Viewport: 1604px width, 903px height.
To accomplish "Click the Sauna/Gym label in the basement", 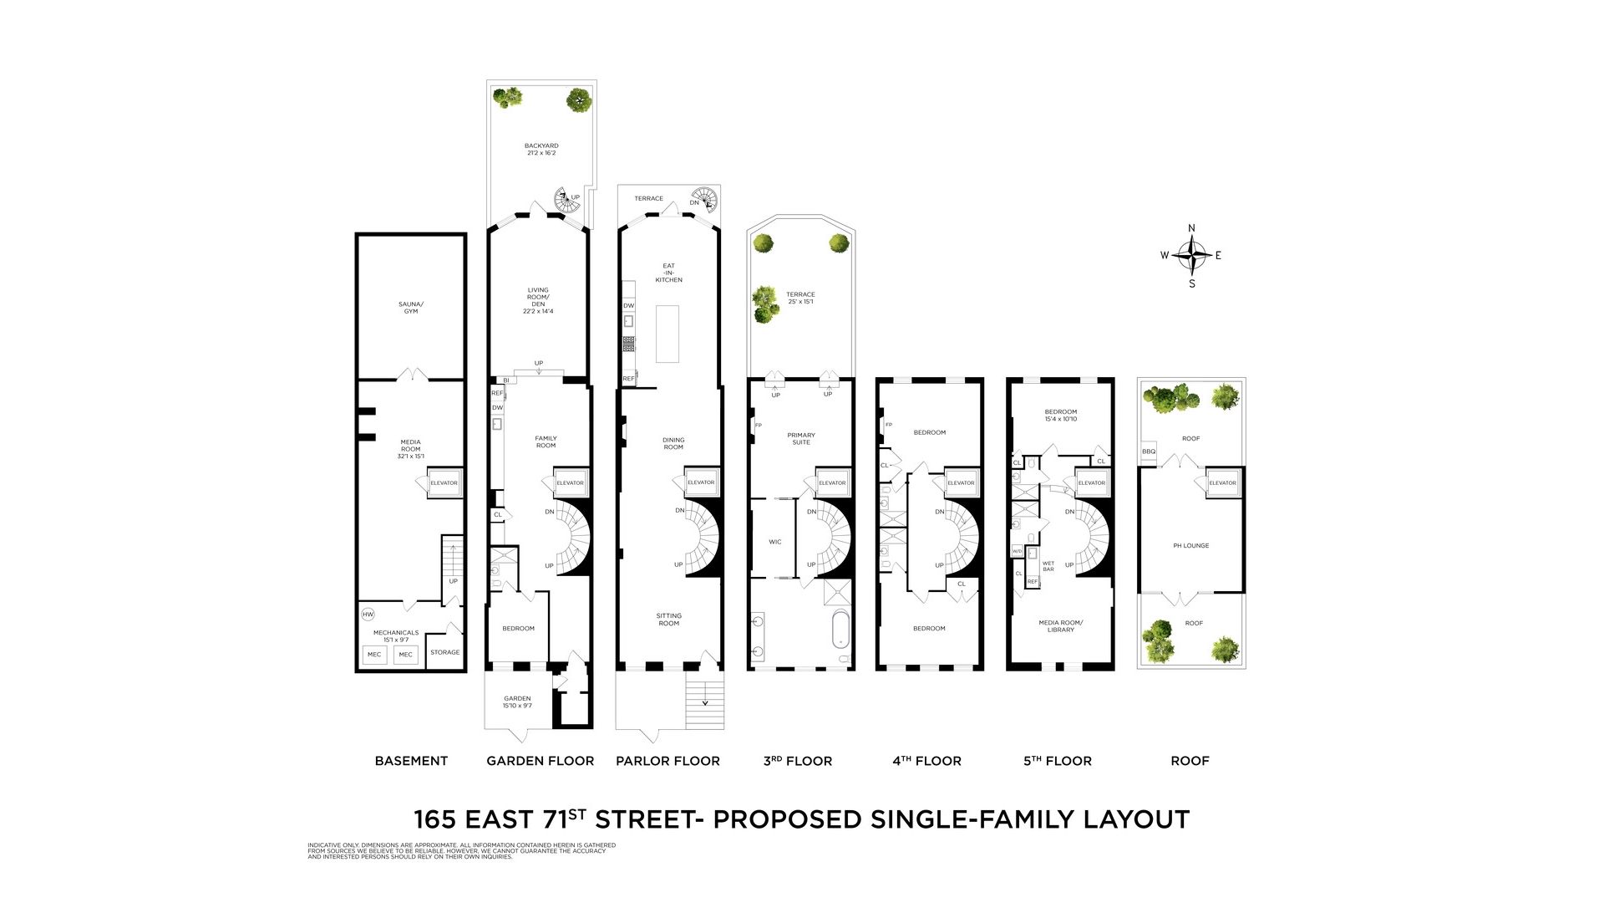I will click(410, 308).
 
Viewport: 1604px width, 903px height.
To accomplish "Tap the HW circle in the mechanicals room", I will click(368, 615).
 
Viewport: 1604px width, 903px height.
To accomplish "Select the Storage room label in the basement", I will click(444, 652).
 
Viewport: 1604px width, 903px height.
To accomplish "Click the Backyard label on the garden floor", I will click(541, 149).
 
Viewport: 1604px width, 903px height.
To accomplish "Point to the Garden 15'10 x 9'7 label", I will click(517, 701).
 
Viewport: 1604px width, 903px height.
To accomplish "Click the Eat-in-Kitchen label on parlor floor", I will click(668, 273).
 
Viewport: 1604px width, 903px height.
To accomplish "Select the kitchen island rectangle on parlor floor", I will click(667, 334).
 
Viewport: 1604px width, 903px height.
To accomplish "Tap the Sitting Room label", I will click(668, 620).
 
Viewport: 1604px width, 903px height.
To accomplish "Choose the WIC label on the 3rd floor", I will click(774, 542).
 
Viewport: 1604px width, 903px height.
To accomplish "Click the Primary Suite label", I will click(800, 438).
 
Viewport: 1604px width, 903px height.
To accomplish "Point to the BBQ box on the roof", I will click(1149, 451).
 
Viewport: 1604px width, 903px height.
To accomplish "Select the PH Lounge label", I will click(1190, 545).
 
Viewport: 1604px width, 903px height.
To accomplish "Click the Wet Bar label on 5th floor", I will click(1048, 566).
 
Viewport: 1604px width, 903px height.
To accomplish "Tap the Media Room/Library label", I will click(1060, 625).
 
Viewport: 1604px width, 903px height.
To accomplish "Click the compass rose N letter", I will click(1191, 228).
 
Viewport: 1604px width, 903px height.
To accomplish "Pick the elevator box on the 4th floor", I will click(961, 482).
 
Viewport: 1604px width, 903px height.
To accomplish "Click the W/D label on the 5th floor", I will click(1017, 552).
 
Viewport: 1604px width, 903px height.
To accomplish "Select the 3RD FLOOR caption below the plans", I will click(797, 761).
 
